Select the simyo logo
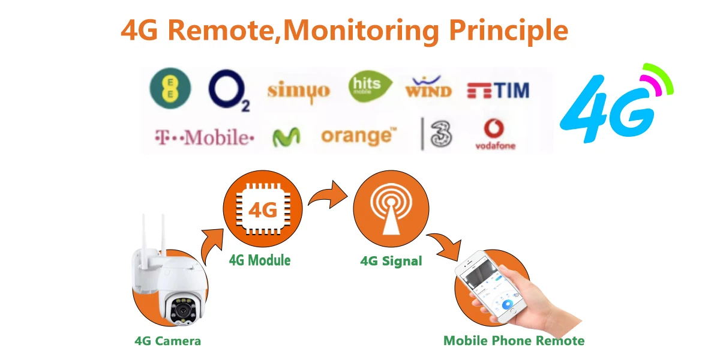298,91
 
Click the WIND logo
428,88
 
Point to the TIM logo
498,91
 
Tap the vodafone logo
495,134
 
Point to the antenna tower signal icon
391,210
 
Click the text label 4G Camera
167,341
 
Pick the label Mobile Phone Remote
514,341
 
